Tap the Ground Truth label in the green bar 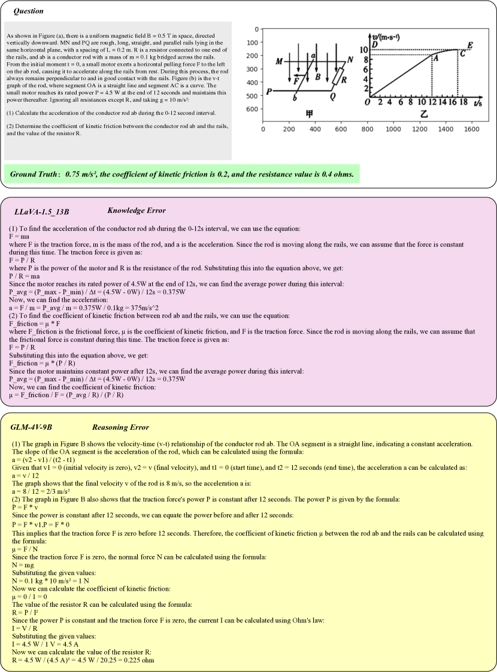(x=35, y=175)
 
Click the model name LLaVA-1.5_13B (x=41, y=212)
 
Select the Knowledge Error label (x=136, y=210)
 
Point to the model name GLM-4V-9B (x=32, y=427)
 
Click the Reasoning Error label (x=120, y=427)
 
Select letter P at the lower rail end (x=270, y=91)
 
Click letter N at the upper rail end (x=350, y=60)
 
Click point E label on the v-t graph (x=469, y=45)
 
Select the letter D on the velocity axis (x=374, y=45)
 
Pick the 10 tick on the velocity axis (x=364, y=50)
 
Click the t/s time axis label (x=478, y=103)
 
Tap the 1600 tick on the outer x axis (x=472, y=129)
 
